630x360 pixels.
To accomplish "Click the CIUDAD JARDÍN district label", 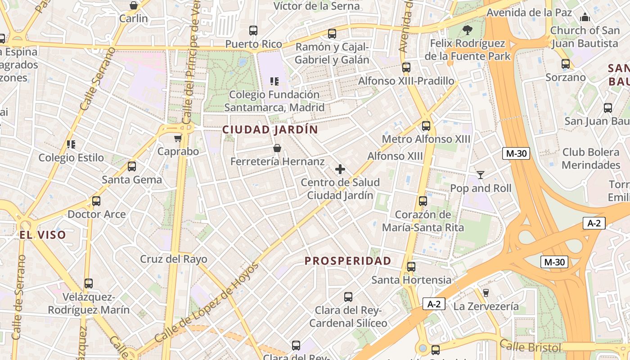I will [270, 130].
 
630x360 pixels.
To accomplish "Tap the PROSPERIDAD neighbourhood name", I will [348, 261].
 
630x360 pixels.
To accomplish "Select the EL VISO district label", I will [43, 235].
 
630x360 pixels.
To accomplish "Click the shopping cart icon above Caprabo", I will [178, 138].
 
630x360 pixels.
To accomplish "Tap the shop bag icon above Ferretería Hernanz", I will [277, 148].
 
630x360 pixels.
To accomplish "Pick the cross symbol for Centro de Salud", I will [340, 169].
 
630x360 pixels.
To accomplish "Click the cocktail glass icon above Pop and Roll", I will [481, 175].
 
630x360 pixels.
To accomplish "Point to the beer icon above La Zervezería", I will [486, 293].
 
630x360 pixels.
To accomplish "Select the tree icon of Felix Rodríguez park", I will [468, 30].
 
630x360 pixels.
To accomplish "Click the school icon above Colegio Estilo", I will [71, 144].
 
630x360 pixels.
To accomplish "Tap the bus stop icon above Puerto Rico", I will [253, 31].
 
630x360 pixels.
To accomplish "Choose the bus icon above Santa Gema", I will [132, 166].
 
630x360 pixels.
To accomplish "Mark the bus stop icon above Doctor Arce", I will [96, 201].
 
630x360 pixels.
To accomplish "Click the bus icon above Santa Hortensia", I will [411, 267].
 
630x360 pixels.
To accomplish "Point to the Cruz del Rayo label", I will [174, 259].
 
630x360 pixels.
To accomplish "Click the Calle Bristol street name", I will [531, 347].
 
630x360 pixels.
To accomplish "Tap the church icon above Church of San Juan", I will [585, 17].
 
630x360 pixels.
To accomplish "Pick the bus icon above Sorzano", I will [566, 64].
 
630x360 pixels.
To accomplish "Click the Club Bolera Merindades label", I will [591, 158].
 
